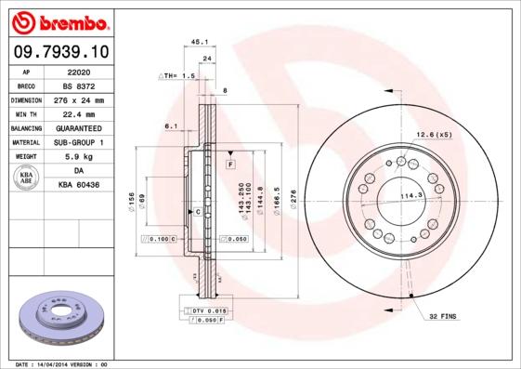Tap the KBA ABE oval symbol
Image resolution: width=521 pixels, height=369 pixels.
point(25,178)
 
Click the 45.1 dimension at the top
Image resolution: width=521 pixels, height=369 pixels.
point(198,41)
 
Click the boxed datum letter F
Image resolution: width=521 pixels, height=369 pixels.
point(228,165)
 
